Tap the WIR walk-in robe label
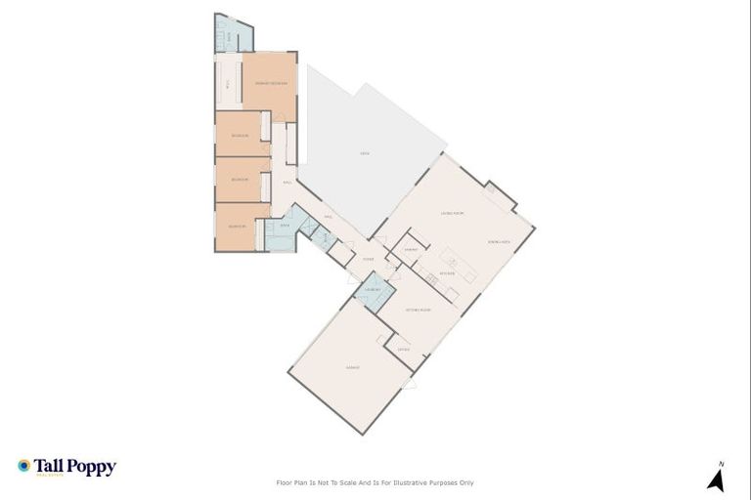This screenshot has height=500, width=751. point(228,85)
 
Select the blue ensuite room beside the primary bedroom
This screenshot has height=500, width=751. point(228,38)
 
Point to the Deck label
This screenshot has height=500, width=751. point(364,154)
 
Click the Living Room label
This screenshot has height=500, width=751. point(452,213)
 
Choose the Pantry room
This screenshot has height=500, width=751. point(412,250)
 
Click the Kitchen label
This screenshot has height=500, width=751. point(447,274)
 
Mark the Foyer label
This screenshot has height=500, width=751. point(369,259)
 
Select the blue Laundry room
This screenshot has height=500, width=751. point(373,291)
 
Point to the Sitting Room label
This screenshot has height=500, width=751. point(419,309)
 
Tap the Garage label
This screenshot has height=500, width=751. point(353,368)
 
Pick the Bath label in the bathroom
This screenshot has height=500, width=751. point(285,227)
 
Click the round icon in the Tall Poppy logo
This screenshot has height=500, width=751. point(24,466)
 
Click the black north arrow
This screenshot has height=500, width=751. point(717,479)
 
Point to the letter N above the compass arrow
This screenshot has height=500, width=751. point(721,463)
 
